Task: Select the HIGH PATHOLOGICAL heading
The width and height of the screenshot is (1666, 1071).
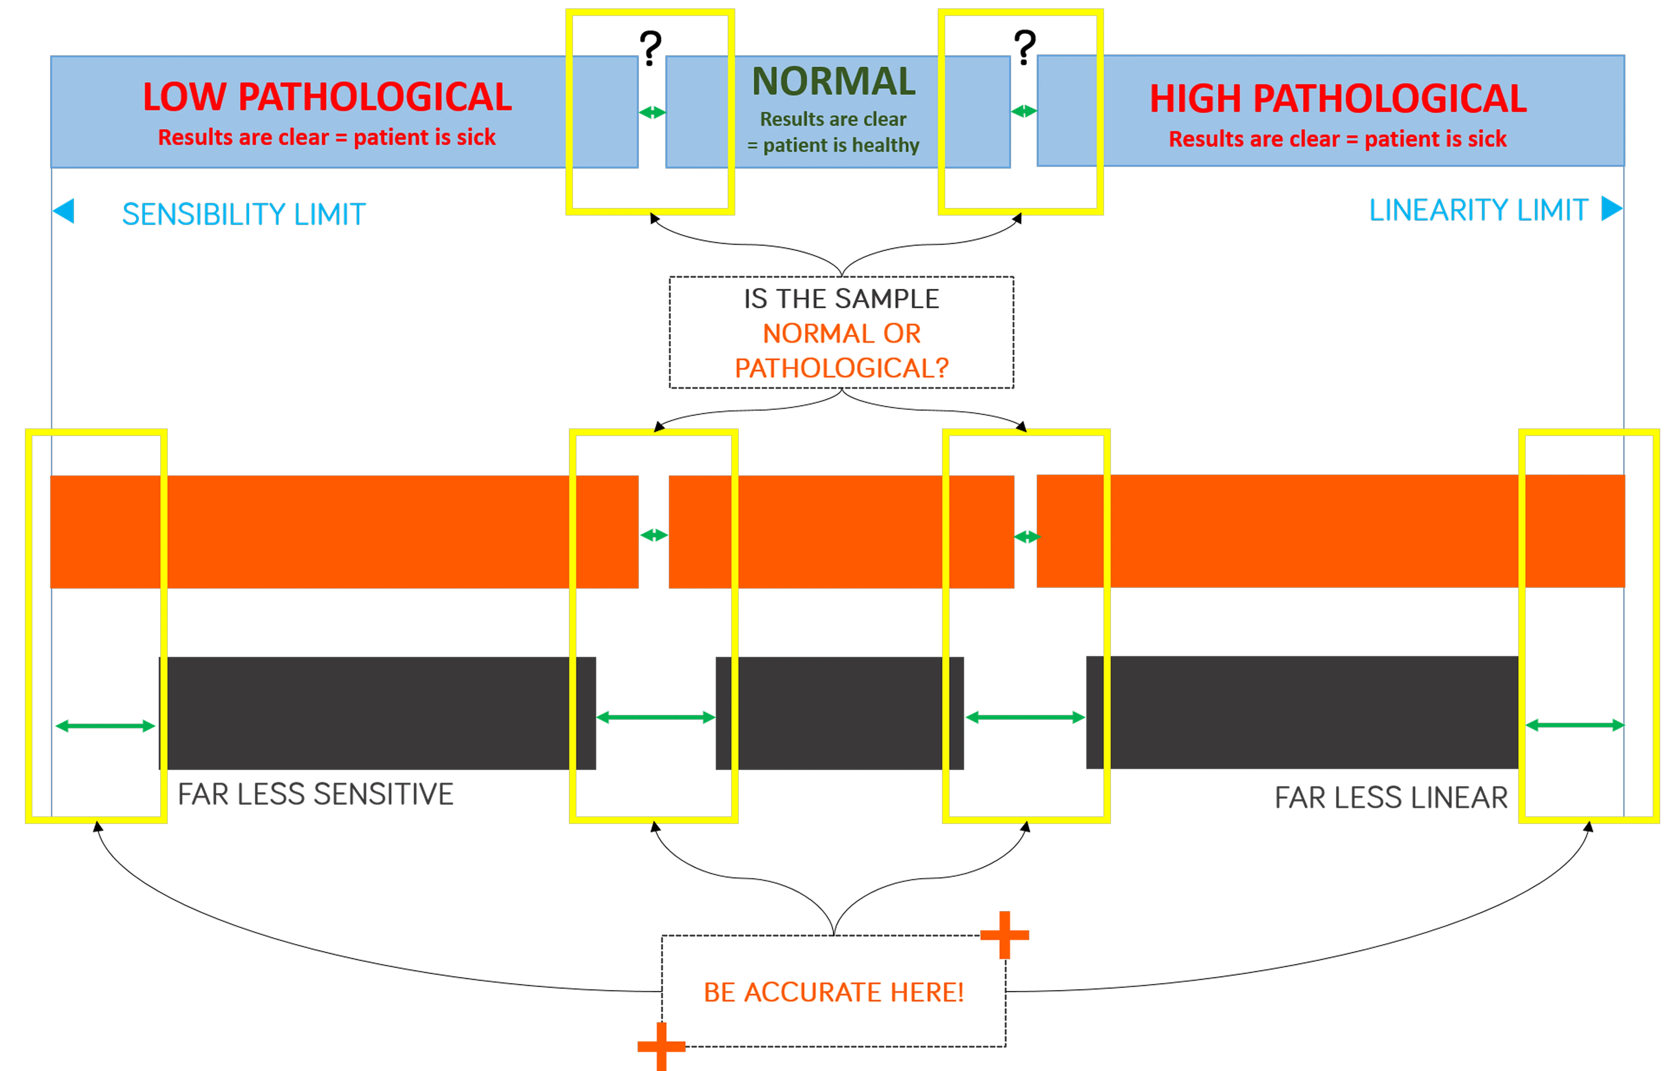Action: (x=1338, y=99)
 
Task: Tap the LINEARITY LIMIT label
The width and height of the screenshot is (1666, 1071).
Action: (x=1478, y=210)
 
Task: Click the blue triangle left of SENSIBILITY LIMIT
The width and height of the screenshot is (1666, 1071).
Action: (x=64, y=211)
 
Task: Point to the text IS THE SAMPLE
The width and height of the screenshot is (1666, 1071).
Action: (x=841, y=299)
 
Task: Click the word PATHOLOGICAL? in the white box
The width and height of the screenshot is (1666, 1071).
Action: (x=841, y=368)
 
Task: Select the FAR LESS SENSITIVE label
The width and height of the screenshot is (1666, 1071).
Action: (x=316, y=793)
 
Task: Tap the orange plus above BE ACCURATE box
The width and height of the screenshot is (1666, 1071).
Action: (x=1004, y=934)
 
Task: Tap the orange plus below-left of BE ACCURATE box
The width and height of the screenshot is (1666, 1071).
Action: (x=661, y=1045)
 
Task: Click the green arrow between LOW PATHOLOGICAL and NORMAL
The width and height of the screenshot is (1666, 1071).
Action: (x=652, y=112)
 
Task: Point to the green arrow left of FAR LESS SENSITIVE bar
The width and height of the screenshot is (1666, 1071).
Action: (x=105, y=726)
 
